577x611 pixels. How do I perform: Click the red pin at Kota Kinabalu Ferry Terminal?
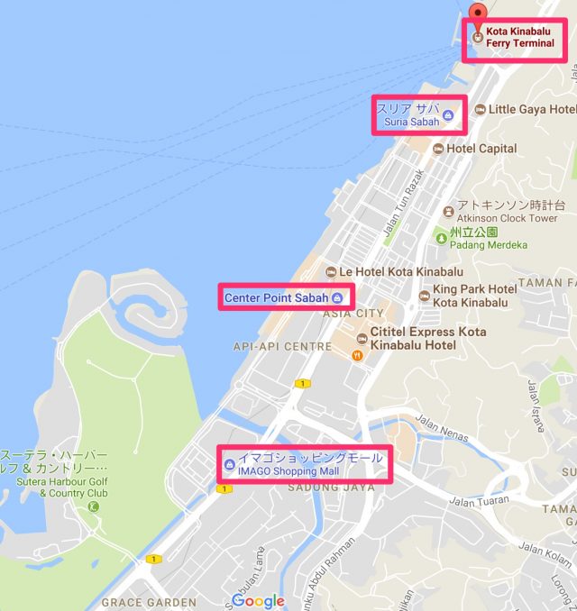pyautogui.click(x=478, y=11)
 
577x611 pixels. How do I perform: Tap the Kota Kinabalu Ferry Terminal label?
pyautogui.click(x=519, y=37)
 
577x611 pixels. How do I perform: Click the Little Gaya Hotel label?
pyautogui.click(x=529, y=109)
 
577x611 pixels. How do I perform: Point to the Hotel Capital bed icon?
pyautogui.click(x=438, y=149)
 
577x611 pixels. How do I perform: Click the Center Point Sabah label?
pyautogui.click(x=276, y=297)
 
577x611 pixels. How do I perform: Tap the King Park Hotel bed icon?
pyautogui.click(x=424, y=295)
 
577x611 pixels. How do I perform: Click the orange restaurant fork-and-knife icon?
pyautogui.click(x=358, y=354)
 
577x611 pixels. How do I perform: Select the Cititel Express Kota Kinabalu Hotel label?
pyautogui.click(x=427, y=339)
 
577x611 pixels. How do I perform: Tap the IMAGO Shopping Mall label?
pyautogui.click(x=308, y=464)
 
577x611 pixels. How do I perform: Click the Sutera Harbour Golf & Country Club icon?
pyautogui.click(x=93, y=506)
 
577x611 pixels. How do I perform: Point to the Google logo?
pyautogui.click(x=258, y=600)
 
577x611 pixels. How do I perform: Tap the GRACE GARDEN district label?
pyautogui.click(x=148, y=602)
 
